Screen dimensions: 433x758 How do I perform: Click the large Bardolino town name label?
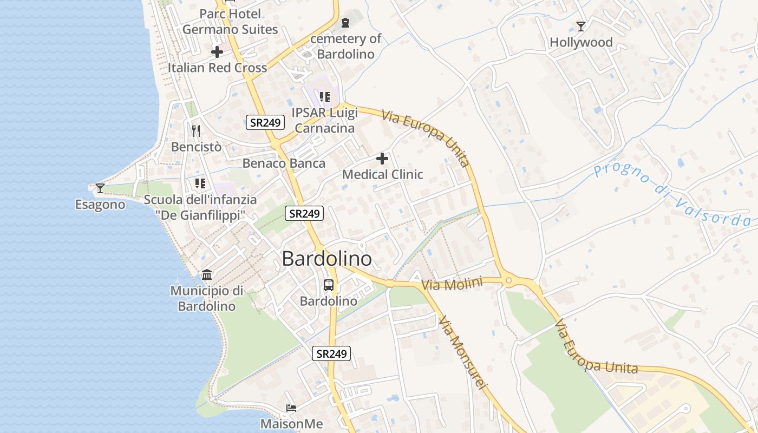[x=327, y=259]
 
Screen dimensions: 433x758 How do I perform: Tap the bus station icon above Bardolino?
[x=329, y=285]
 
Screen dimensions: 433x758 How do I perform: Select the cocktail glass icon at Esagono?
[x=100, y=188]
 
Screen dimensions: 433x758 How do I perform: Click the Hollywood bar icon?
[x=581, y=27]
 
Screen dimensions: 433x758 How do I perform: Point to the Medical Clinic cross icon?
[x=382, y=159]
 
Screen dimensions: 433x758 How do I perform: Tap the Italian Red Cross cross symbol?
[x=217, y=52]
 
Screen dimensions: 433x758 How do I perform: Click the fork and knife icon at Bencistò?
[x=196, y=130]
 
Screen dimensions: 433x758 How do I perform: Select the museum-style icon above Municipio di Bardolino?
[x=206, y=275]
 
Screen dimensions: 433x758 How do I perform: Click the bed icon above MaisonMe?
[x=291, y=408]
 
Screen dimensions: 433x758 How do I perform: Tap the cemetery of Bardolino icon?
[x=345, y=23]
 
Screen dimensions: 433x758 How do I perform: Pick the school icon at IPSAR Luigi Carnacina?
[x=324, y=97]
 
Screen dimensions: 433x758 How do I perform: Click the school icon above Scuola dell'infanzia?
[x=200, y=183]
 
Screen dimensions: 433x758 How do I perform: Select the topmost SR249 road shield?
[x=265, y=122]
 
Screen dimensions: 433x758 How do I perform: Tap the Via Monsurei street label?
[x=463, y=352]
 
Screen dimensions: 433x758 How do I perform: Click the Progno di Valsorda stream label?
[x=672, y=195]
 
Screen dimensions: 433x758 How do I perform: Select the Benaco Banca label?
[x=284, y=163]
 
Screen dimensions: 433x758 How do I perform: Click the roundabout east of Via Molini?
[x=508, y=280]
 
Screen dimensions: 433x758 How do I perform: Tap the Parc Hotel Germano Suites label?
[x=230, y=22]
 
